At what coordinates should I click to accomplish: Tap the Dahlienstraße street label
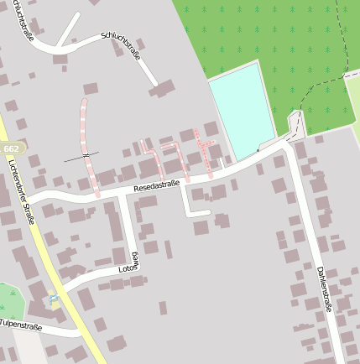tap(324, 289)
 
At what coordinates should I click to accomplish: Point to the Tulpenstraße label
tap(20, 323)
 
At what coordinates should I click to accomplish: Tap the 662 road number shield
tap(12, 148)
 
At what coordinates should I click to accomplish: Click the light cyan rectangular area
tap(242, 110)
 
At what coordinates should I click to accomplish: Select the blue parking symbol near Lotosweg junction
tap(54, 297)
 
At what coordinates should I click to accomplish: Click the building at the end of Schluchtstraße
tap(162, 87)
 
